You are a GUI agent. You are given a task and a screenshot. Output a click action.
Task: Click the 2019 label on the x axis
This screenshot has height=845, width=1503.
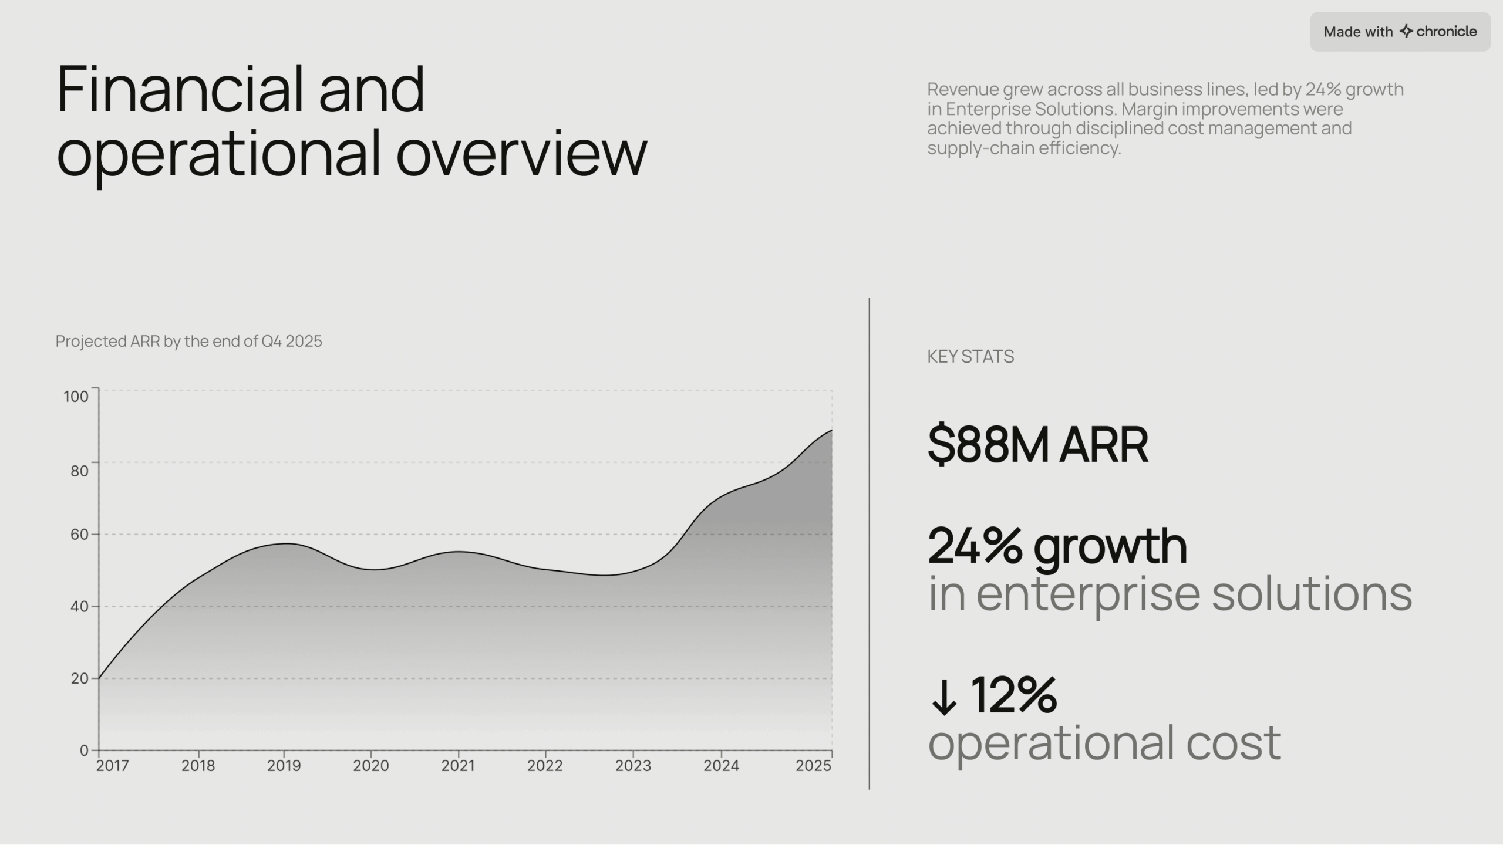[284, 766]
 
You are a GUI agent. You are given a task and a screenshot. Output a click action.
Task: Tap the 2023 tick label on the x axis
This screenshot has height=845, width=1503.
[633, 766]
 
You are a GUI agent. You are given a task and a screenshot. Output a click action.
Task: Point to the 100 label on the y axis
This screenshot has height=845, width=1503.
[76, 397]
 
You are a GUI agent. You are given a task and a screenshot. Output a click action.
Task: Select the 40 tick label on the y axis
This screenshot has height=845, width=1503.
[79, 606]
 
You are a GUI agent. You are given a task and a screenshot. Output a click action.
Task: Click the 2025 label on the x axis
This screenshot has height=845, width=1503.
[813, 766]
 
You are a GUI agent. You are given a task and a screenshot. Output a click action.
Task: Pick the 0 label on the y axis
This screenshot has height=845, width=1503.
[84, 751]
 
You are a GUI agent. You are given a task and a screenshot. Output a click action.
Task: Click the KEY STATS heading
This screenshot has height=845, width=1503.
[970, 357]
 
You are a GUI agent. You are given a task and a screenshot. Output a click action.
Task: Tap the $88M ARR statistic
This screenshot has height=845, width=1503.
[1037, 444]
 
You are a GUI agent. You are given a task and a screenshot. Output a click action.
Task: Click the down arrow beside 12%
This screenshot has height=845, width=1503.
[943, 697]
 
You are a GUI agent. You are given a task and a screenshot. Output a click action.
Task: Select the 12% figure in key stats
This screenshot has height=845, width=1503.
[1013, 695]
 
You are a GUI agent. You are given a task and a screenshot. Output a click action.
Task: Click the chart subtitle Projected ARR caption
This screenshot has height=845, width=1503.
[188, 342]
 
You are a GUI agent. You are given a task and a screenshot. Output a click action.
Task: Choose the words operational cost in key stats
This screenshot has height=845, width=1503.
[1104, 743]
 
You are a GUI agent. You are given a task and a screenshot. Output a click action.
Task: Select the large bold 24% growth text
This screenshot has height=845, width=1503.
[1057, 546]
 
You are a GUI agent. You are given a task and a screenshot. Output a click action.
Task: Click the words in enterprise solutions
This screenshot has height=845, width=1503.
[1170, 594]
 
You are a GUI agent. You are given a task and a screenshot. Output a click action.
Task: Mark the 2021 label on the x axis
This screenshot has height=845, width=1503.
[458, 766]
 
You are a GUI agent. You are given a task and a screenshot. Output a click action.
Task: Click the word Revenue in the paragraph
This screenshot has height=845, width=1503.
[963, 90]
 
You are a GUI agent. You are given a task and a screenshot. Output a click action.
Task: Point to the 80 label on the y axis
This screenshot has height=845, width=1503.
[79, 471]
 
